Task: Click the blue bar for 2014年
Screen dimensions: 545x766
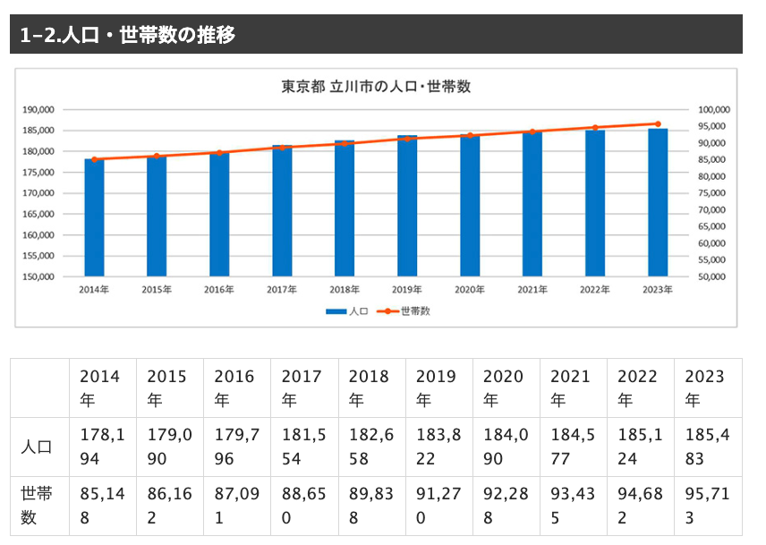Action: pos(94,217)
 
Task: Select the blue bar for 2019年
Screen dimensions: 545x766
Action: pos(407,206)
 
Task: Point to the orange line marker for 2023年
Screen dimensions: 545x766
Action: pos(658,124)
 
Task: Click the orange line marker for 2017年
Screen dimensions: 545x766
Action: pos(282,147)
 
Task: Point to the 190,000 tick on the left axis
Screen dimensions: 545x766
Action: pos(39,109)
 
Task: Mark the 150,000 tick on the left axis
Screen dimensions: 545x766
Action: pos(39,277)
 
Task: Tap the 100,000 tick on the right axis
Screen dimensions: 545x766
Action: pos(713,109)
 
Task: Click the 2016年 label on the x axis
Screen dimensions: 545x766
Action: pos(219,290)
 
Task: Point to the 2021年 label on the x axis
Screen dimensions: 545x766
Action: pos(532,290)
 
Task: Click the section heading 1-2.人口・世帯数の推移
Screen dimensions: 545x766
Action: pos(127,35)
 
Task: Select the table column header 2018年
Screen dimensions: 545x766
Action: pos(371,387)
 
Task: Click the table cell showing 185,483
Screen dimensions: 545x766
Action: pos(707,447)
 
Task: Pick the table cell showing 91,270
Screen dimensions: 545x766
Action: pos(438,506)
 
